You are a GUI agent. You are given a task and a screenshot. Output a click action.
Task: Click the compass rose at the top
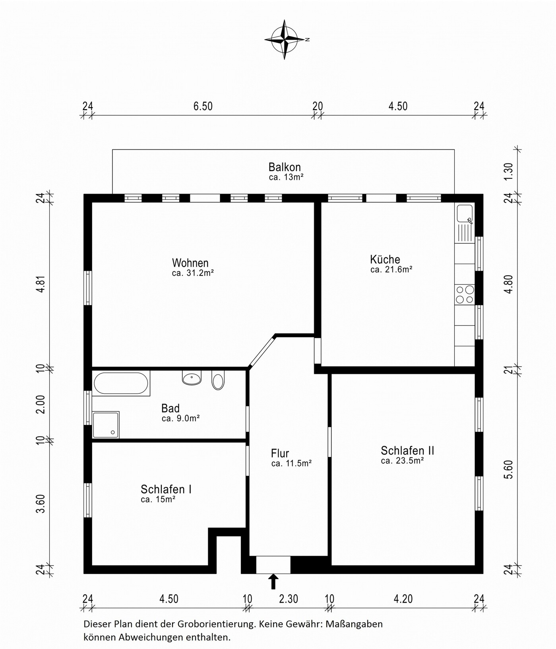[285, 39]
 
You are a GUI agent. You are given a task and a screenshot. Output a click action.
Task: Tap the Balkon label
[285, 167]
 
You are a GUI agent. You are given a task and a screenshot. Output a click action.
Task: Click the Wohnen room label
[190, 263]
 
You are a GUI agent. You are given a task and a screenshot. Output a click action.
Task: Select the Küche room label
[385, 259]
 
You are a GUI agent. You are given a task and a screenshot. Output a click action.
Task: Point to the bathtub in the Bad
[121, 383]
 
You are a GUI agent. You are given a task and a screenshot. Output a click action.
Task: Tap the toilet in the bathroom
[218, 380]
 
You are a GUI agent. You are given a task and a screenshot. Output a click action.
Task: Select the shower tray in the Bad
[106, 425]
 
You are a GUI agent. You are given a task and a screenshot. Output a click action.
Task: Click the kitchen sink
[465, 214]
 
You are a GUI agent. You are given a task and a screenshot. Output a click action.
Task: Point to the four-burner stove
[465, 294]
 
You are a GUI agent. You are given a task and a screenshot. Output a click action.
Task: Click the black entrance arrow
[273, 581]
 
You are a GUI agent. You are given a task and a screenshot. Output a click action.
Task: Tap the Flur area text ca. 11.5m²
[291, 463]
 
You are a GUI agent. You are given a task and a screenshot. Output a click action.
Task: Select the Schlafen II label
[407, 450]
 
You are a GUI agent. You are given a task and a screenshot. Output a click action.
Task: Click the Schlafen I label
[166, 489]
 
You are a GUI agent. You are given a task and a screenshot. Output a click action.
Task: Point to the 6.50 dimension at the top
[203, 106]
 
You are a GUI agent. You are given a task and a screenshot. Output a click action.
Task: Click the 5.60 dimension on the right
[508, 470]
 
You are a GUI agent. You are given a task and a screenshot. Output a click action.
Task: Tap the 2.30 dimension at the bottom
[289, 599]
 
